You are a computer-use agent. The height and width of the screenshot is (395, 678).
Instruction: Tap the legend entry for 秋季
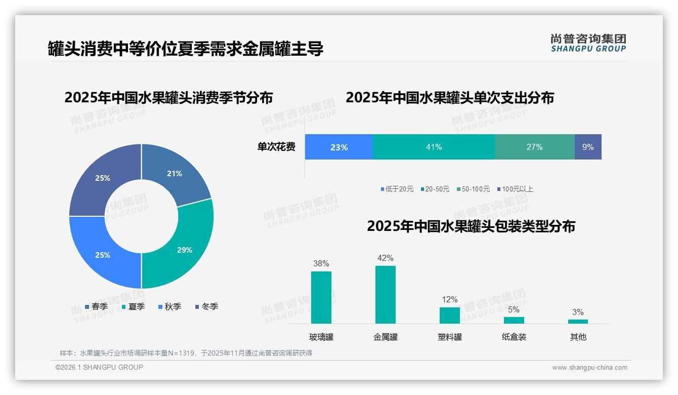(x=169, y=306)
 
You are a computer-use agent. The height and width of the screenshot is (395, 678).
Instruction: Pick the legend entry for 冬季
(x=206, y=306)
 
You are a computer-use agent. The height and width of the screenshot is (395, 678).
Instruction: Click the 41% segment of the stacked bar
(x=434, y=147)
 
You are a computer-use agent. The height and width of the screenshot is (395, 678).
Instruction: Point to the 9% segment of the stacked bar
(x=588, y=147)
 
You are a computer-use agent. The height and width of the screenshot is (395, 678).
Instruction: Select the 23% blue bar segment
(x=338, y=147)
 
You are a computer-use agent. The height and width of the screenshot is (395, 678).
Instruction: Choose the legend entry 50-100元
(x=473, y=189)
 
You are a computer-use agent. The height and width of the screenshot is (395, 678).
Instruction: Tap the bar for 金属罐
(x=385, y=294)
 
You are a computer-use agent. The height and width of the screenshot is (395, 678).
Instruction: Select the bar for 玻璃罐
(x=321, y=297)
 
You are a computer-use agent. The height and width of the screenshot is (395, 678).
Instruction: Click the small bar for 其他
(x=578, y=321)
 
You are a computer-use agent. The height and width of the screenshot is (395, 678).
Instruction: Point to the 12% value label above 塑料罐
(x=449, y=299)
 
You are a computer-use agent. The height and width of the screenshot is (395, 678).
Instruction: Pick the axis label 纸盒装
(x=514, y=337)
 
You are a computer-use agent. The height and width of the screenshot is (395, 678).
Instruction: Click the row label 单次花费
(x=276, y=147)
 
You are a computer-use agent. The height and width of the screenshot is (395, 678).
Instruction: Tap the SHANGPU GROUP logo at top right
(x=588, y=43)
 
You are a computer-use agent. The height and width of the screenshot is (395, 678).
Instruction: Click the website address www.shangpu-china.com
(x=589, y=367)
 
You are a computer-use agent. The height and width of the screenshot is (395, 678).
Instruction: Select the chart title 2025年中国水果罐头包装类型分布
(x=471, y=226)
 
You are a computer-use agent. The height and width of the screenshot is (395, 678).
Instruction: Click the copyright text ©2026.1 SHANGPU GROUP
(x=99, y=367)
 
